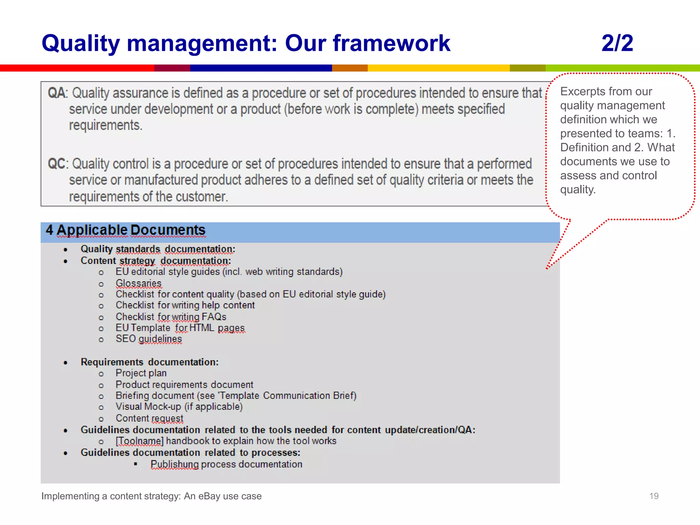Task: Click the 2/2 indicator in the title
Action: pos(617,43)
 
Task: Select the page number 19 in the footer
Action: pos(654,496)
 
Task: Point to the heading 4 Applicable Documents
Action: pos(125,230)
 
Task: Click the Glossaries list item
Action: pos(138,283)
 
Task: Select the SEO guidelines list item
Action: pos(149,339)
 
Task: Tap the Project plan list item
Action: pos(141,373)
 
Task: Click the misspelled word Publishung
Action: pos(174,464)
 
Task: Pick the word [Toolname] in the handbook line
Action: pos(139,441)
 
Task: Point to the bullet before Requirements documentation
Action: pos(66,363)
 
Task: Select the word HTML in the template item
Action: pos(202,328)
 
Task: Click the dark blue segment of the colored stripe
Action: pos(261,68)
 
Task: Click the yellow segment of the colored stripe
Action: pos(438,68)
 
